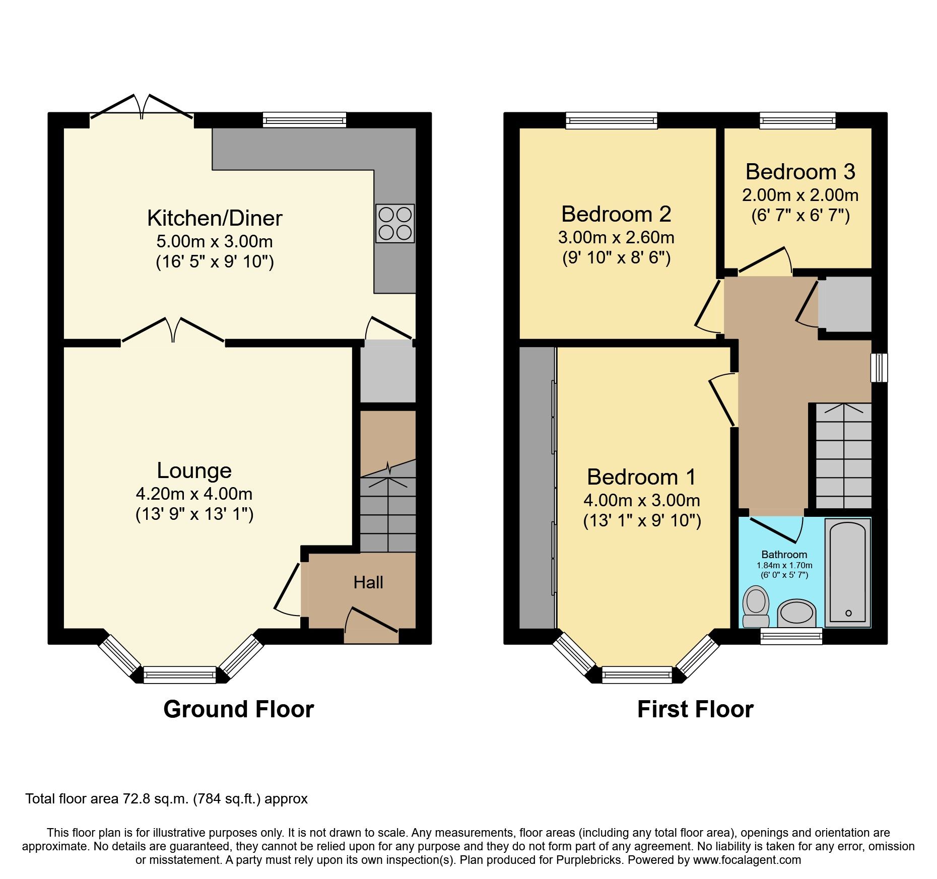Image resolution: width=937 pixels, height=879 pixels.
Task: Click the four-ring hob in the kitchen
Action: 395,223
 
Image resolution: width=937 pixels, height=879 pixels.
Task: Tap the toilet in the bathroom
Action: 756,606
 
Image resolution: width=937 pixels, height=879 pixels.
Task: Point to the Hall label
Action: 368,583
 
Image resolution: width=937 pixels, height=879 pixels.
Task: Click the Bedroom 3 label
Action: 800,172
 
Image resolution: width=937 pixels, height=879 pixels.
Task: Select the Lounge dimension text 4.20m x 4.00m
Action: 194,494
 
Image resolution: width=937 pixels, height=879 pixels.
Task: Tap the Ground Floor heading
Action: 238,709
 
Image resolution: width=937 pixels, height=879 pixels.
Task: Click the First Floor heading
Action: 695,709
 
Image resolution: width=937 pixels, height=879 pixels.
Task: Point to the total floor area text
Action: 166,799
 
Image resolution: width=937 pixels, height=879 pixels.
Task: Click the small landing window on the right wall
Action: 879,368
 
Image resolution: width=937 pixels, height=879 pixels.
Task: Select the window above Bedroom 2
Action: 611,120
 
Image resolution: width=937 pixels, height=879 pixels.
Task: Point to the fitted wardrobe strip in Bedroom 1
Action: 537,487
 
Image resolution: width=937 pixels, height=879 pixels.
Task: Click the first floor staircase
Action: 843,456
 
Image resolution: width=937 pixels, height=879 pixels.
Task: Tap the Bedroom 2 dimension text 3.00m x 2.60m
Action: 616,237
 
